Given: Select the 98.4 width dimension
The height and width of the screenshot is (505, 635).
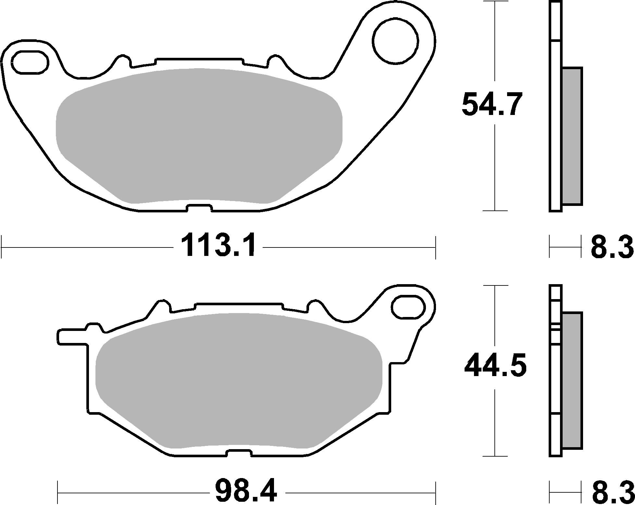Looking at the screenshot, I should (x=246, y=490).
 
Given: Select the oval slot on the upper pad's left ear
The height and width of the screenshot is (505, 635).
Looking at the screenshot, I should (x=29, y=61).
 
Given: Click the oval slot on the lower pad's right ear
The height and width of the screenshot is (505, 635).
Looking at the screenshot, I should (x=408, y=306).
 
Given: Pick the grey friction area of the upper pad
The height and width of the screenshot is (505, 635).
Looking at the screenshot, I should (x=199, y=136).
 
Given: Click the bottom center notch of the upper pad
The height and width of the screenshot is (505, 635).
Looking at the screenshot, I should (x=199, y=208).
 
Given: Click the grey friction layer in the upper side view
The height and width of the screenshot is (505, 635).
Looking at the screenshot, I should (x=572, y=136).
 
